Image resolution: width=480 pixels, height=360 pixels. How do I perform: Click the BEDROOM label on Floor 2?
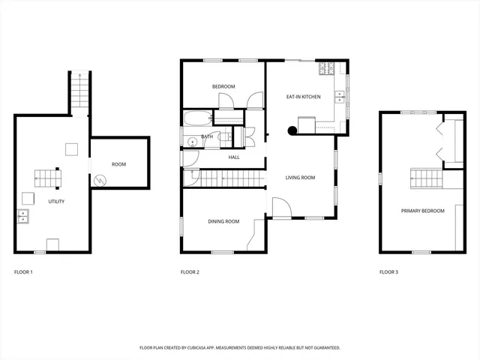coord(223,87)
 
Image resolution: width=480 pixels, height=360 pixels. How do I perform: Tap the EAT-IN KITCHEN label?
coord(304,97)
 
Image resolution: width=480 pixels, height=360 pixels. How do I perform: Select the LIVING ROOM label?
coord(300,178)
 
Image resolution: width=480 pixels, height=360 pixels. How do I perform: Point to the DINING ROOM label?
coord(223,221)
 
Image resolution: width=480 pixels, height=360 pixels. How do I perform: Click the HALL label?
coord(234,157)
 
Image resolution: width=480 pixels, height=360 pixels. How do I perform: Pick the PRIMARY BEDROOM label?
coord(422,211)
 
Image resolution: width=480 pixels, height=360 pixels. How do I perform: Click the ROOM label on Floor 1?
coord(118,164)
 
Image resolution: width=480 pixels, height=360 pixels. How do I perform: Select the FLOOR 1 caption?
coord(23,271)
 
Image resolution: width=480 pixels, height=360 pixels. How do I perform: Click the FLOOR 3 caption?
coord(388,271)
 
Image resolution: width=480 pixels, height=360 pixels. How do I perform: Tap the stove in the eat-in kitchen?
coord(326,70)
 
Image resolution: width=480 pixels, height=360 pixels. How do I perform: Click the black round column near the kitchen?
coord(292,130)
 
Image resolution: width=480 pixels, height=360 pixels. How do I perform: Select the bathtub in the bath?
coord(197,118)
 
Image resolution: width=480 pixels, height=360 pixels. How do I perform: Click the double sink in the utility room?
coord(23,217)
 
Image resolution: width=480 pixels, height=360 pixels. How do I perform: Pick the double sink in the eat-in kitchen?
coord(340,95)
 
